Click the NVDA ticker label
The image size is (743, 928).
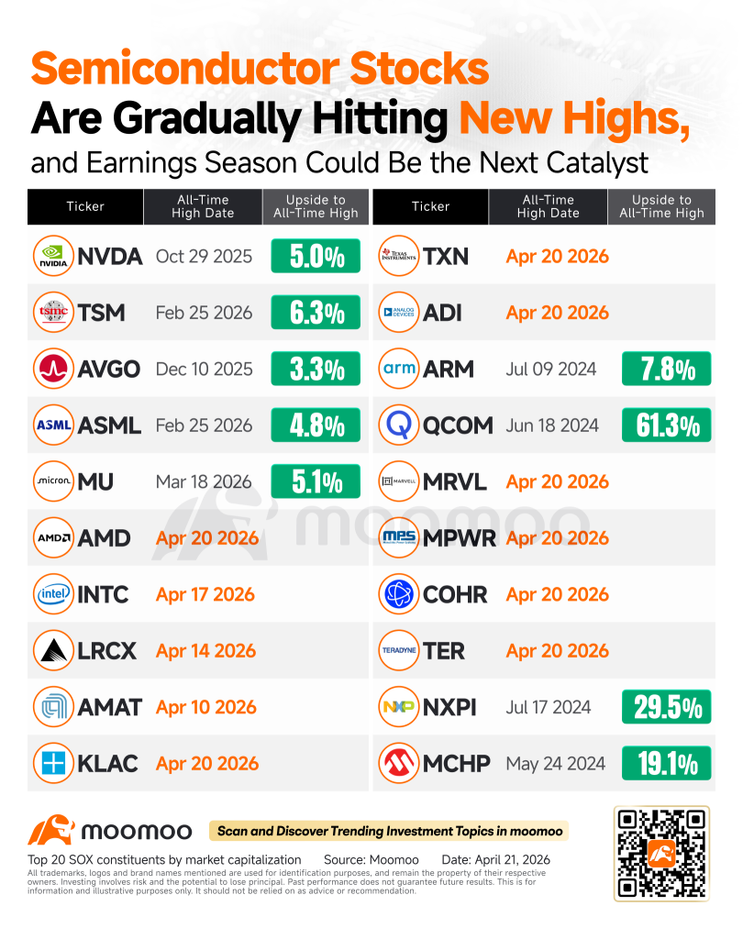tap(110, 256)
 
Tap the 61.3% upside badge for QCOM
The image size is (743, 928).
tap(666, 425)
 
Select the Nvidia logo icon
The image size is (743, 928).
tap(53, 256)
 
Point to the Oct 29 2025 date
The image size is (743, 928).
tap(204, 256)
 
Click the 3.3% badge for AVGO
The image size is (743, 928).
tap(316, 369)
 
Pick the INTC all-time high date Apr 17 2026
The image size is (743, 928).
tap(205, 594)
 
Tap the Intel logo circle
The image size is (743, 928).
tap(53, 594)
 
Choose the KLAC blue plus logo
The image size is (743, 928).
tap(53, 763)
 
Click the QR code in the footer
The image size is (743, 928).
tap(661, 854)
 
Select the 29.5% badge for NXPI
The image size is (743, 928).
tap(666, 707)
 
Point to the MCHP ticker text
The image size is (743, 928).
tap(457, 764)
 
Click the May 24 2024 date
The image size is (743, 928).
tap(555, 764)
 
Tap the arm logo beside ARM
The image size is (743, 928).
tap(399, 369)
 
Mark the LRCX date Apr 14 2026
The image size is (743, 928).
tap(206, 650)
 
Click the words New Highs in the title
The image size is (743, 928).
tap(574, 119)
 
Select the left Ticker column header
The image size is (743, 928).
tap(85, 206)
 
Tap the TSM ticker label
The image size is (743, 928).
tap(101, 313)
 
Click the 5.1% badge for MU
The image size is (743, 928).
tap(316, 481)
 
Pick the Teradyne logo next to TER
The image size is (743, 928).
tap(399, 650)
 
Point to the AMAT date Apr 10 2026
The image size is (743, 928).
tap(206, 707)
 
